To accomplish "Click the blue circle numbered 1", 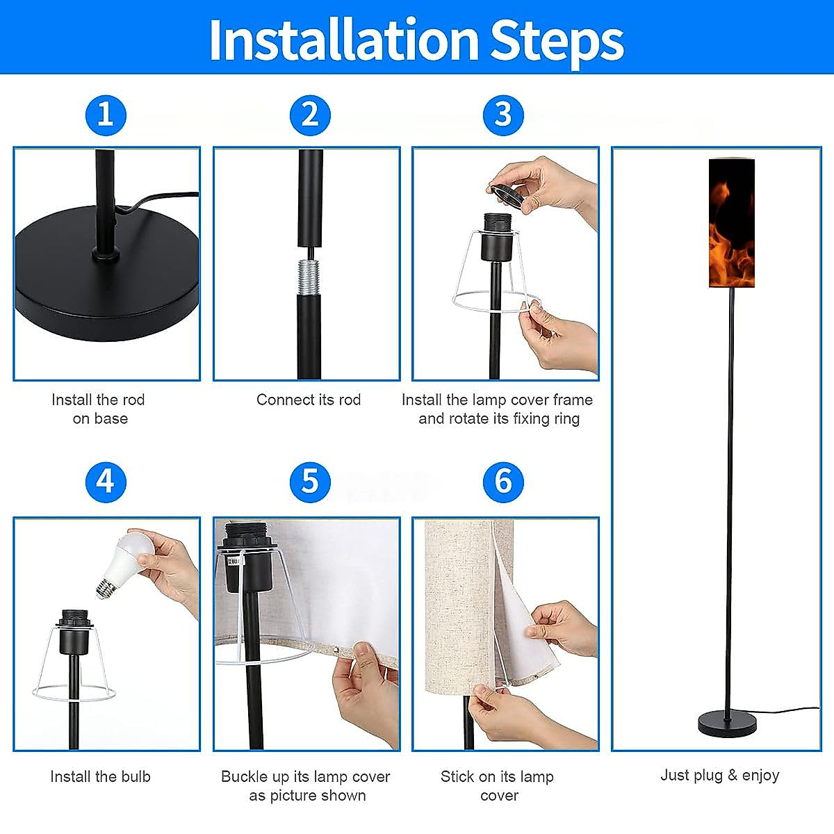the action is point(106,115).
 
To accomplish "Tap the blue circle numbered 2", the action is point(310,115).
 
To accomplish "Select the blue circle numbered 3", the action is point(503,115).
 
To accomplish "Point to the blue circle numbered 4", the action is point(106,482).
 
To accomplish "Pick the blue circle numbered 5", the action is point(310,482).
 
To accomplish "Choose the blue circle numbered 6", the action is point(503,482).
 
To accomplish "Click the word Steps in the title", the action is point(558,42).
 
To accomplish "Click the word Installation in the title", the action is point(344,40).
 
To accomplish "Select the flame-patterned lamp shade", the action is point(731,223).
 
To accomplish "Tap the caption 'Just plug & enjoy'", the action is point(720,775).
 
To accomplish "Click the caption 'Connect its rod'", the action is point(309,400).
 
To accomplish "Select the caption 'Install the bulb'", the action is point(100,776).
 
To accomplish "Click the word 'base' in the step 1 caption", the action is point(111,418).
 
